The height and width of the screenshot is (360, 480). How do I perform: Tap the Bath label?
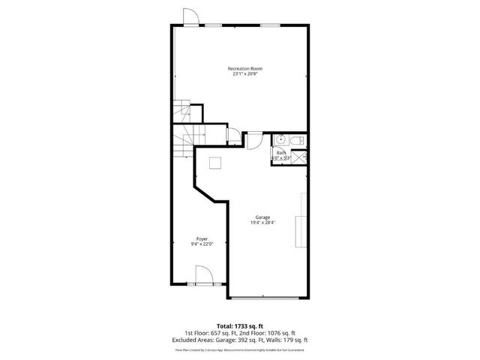(280, 153)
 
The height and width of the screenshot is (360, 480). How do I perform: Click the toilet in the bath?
(296, 139)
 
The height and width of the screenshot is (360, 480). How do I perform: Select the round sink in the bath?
(279, 139)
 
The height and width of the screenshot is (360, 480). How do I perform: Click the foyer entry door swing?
(205, 277)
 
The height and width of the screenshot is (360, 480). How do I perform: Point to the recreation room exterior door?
(190, 16)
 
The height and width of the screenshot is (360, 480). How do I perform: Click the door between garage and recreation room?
(253, 140)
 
